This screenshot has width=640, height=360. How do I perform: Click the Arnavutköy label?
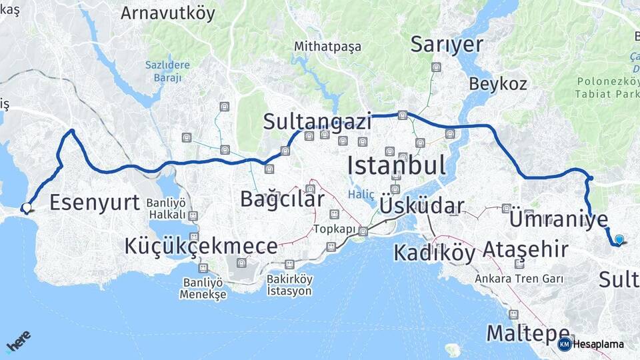tap(168, 12)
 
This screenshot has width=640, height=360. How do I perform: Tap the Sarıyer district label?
tap(447, 45)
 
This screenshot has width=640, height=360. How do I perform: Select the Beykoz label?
tap(498, 84)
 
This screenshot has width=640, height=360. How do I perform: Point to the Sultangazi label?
tap(317, 121)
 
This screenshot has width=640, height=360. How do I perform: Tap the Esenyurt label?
tap(94, 202)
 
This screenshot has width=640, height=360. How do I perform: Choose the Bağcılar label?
tap(282, 199)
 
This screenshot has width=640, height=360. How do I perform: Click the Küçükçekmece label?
tap(201, 246)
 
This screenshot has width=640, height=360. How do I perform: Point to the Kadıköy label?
tap(435, 253)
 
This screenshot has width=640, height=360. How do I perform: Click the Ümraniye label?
tap(559, 220)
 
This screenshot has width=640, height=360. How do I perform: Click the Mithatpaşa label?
tap(328, 47)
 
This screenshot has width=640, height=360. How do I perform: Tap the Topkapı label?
tap(331, 229)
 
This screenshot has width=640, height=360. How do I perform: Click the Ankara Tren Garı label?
tap(519, 279)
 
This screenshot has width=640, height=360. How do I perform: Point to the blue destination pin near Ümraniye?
tap(619, 240)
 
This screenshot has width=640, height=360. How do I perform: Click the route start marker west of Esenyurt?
tap(27, 207)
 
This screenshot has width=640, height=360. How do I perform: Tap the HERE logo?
tap(18, 341)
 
